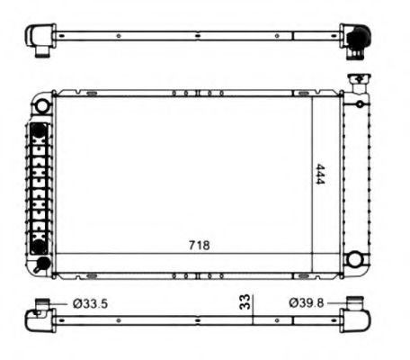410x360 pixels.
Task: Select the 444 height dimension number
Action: (x=320, y=176)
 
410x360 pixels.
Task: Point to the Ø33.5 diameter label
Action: (x=89, y=303)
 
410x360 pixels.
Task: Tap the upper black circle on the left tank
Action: (x=39, y=131)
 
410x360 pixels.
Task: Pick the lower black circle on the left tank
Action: (x=39, y=246)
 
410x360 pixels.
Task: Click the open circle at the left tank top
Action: (x=41, y=104)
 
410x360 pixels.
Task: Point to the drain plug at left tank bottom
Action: (x=40, y=264)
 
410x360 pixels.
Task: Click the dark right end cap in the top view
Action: (x=358, y=38)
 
